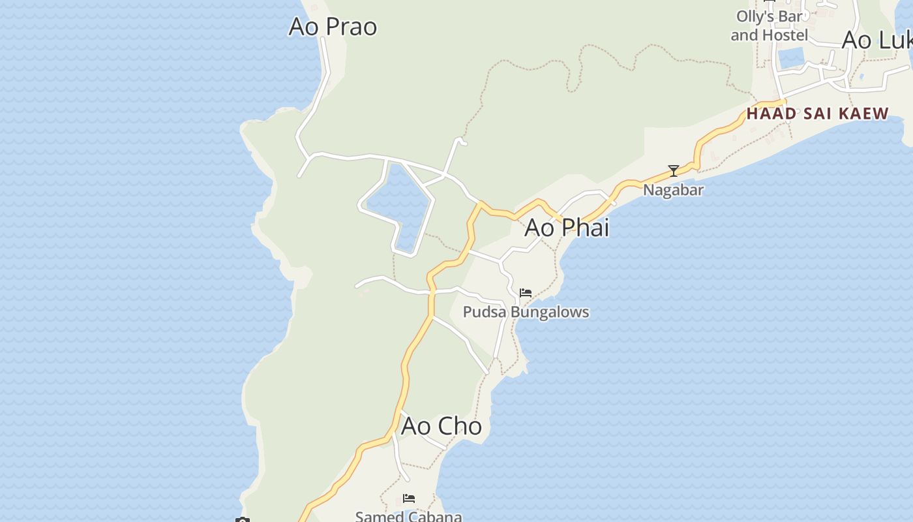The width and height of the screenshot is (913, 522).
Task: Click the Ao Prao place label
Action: tap(333, 27)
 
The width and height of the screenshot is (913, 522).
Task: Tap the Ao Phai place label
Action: tap(567, 227)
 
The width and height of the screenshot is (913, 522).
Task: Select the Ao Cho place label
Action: tap(442, 426)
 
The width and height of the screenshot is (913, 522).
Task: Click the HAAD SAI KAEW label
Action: tap(817, 114)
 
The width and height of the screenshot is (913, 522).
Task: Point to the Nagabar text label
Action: tap(673, 190)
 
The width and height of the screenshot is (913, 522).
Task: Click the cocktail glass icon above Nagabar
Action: tap(674, 171)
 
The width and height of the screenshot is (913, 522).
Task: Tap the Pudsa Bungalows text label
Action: tap(526, 312)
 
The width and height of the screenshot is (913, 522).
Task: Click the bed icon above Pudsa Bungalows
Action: tap(526, 293)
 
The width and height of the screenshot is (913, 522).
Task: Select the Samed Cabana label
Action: tap(408, 516)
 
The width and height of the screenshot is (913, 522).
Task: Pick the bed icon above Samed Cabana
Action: tap(409, 499)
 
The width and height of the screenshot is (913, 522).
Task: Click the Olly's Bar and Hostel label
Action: tap(769, 25)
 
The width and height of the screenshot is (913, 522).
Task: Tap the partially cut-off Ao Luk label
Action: tap(876, 40)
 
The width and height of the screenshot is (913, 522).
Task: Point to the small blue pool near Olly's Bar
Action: tap(793, 58)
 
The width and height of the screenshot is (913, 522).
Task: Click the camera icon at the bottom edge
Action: tap(243, 519)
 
